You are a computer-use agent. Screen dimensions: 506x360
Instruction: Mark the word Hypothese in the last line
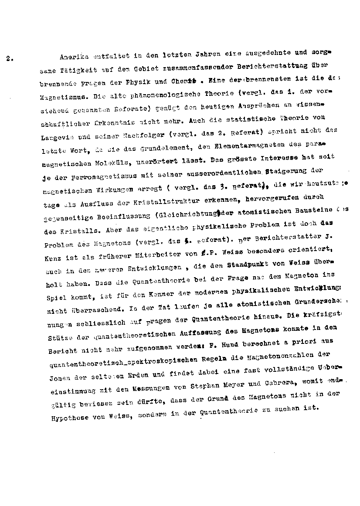(64, 417)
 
